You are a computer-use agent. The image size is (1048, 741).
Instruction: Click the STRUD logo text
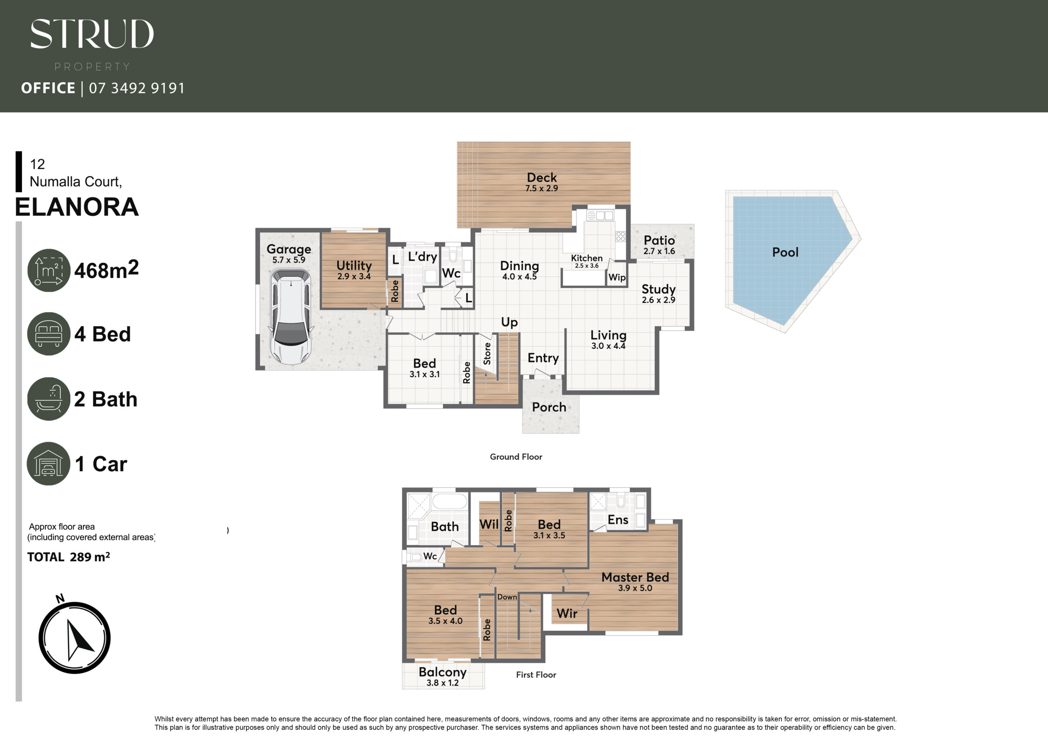tap(92, 34)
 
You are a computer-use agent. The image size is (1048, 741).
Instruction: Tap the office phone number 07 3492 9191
tap(137, 88)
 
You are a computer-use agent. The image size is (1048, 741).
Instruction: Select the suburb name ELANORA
tap(77, 207)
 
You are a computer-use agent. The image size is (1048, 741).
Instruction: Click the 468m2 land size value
tap(106, 270)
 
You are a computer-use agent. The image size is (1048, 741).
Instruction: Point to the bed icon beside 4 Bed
tap(49, 334)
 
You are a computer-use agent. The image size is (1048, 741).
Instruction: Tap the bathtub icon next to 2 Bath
tap(49, 399)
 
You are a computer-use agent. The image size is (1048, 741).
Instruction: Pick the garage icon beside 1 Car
tap(49, 463)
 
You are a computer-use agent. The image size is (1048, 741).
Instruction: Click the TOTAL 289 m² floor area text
tap(68, 557)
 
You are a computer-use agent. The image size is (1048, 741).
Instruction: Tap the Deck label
tap(542, 177)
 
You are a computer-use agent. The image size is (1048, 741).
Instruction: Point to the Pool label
tap(785, 252)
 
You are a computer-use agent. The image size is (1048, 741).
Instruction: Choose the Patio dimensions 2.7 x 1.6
tap(659, 251)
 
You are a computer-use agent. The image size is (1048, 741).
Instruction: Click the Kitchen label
tap(587, 258)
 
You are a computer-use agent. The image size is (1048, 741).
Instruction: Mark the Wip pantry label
tap(617, 277)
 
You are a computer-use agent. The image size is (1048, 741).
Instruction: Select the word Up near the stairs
tap(509, 322)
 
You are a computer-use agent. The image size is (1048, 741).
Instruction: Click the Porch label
tap(549, 407)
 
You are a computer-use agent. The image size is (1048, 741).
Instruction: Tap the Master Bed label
tap(635, 577)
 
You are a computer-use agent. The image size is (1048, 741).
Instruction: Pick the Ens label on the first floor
tap(618, 520)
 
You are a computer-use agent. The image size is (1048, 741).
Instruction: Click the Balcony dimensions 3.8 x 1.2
tap(442, 683)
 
